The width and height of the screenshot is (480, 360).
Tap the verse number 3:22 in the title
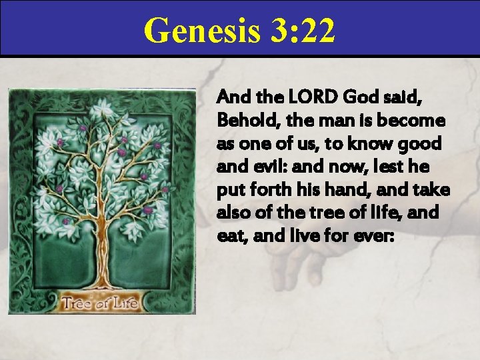coord(299,31)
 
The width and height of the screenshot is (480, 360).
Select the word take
coord(433,190)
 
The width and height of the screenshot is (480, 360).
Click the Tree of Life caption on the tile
coord(99,303)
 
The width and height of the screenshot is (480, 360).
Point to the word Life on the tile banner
coord(123,303)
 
